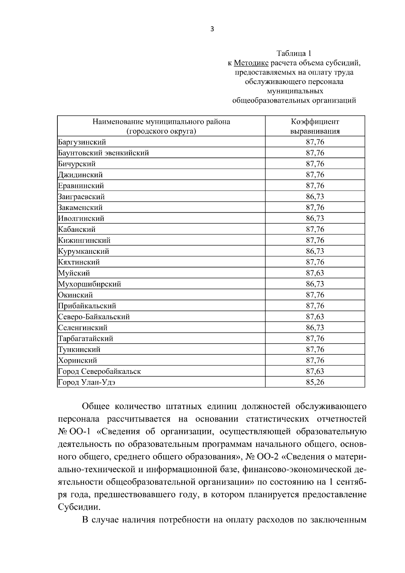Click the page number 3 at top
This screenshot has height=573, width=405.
coord(212,29)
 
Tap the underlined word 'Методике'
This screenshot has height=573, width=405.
coord(251,63)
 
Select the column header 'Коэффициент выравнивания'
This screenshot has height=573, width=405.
coord(315,126)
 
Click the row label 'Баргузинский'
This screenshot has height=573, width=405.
coord(82,142)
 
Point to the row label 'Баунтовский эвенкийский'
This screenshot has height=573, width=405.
coord(104,153)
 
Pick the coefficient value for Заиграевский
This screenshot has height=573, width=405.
coord(315,196)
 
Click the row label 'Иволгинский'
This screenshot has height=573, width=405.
coord(81,218)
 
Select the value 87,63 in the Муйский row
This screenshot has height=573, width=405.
coord(315,273)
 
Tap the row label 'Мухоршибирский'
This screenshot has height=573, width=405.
coord(90,284)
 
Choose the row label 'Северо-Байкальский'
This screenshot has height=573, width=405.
coord(94,317)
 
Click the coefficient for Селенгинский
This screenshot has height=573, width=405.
coord(315,328)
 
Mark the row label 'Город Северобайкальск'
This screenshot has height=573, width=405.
coord(100,371)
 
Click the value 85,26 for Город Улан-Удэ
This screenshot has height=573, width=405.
coord(315,382)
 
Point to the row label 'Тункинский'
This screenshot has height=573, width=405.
coord(79,349)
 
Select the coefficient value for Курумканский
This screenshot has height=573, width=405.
coord(315,251)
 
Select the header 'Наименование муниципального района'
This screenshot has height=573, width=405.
coord(161,122)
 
